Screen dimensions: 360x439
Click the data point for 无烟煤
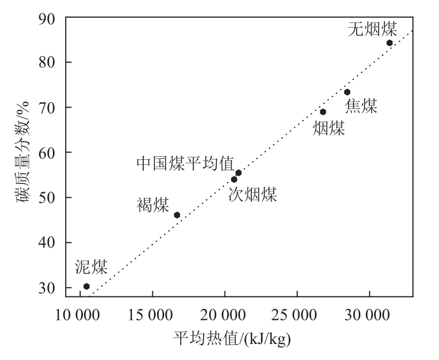389,43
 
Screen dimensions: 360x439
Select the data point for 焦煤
347,92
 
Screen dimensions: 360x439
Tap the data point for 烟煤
323,112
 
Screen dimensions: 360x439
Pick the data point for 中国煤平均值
238,172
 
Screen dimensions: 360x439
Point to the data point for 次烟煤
234,179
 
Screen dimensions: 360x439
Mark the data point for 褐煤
177,215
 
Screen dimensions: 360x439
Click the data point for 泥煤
87,286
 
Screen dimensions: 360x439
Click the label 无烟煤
373,29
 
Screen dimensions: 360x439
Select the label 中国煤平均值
185,163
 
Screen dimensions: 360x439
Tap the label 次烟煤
253,194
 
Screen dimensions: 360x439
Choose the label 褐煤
153,205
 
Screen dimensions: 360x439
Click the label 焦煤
361,106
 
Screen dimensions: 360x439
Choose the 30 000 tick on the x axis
369,312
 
